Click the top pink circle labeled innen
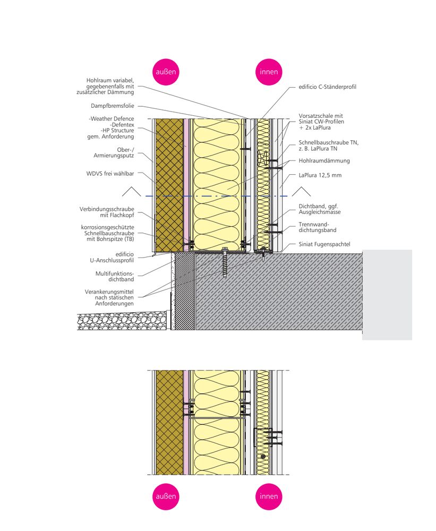click(x=269, y=72)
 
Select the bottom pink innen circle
click(x=269, y=496)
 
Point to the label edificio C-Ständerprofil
click(x=326, y=87)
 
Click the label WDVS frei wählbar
click(x=110, y=174)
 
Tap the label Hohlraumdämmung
click(x=324, y=160)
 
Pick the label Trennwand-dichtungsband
click(x=318, y=227)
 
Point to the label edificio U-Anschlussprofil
click(x=115, y=258)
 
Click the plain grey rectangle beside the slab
click(x=387, y=294)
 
